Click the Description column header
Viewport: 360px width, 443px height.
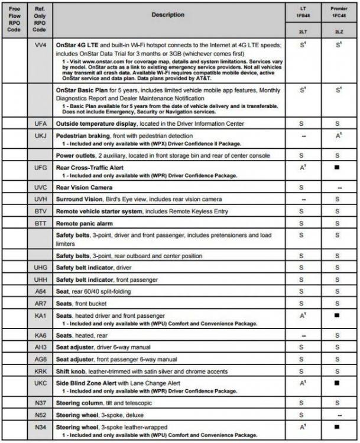[x=167, y=14]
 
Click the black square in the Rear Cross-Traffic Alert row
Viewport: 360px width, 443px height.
[x=336, y=168]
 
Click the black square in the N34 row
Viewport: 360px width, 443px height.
[x=336, y=426]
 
